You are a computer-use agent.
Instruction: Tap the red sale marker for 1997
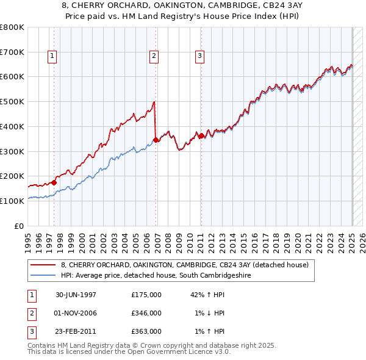pyautogui.click(x=54, y=182)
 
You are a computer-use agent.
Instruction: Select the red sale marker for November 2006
pyautogui.click(x=156, y=140)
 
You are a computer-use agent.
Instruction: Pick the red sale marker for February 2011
pyautogui.click(x=201, y=135)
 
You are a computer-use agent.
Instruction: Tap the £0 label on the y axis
pyautogui.click(x=19, y=226)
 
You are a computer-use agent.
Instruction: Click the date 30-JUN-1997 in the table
pyautogui.click(x=76, y=295)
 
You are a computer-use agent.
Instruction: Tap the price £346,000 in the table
pyautogui.click(x=146, y=313)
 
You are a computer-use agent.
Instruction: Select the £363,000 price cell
pyautogui.click(x=146, y=331)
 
